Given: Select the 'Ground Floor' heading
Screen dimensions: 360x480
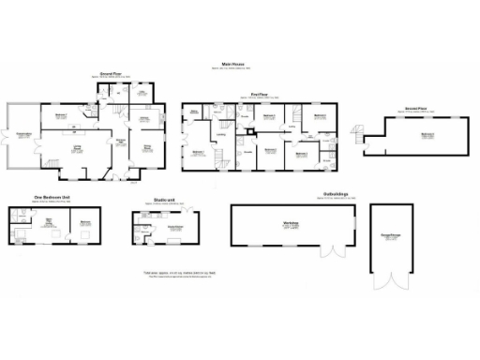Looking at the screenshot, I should (x=113, y=72).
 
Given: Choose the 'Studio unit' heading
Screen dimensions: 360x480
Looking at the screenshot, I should (x=157, y=199).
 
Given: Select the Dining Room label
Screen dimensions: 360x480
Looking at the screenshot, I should (x=147, y=146).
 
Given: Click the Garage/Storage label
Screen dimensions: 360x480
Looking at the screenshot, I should (x=388, y=235).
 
